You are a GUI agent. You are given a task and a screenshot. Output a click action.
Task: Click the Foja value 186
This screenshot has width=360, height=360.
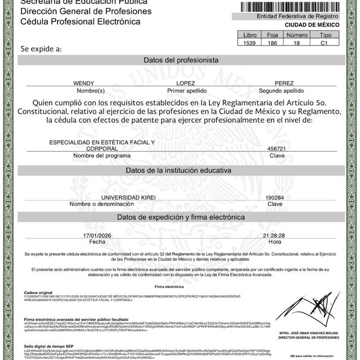pyautogui.click(x=273, y=43)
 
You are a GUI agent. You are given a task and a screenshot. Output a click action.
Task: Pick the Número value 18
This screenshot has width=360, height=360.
pyautogui.click(x=297, y=43)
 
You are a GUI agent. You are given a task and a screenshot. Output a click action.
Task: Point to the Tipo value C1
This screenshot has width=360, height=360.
pyautogui.click(x=323, y=43)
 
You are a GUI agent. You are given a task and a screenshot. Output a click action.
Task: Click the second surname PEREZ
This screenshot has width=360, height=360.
pyautogui.click(x=281, y=83)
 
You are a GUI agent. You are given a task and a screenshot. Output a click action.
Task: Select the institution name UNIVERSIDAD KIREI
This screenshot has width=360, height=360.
pyautogui.click(x=128, y=198)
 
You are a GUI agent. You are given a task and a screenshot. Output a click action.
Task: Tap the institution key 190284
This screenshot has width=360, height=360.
pyautogui.click(x=274, y=198)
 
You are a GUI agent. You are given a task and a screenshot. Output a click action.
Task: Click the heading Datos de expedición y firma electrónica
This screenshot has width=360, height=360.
pyautogui.click(x=181, y=217)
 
